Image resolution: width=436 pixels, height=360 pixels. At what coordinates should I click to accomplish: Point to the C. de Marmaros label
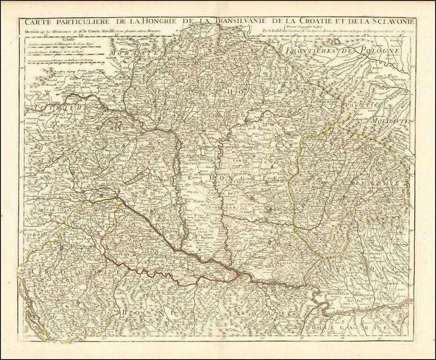click(323, 102)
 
